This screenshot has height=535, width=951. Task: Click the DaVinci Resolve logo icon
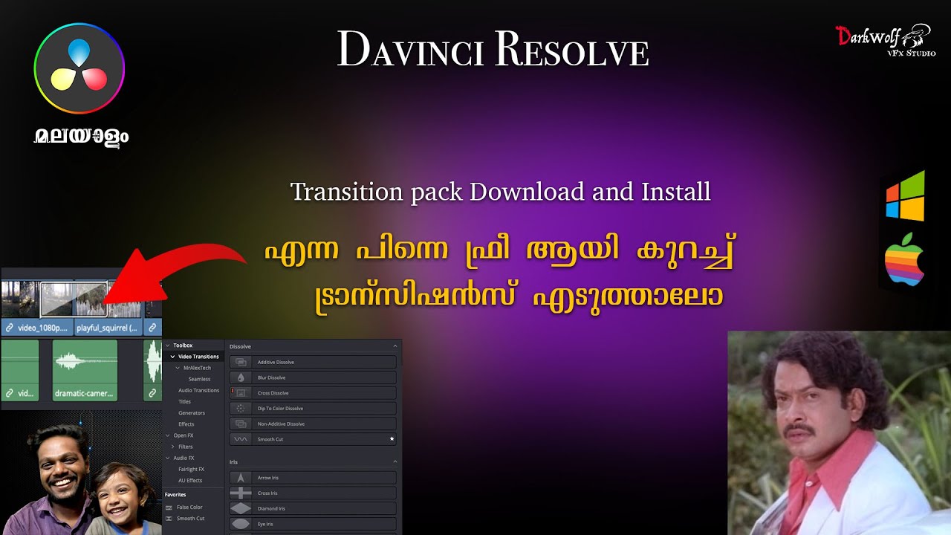[x=79, y=68]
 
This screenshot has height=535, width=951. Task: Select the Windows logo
[x=905, y=196]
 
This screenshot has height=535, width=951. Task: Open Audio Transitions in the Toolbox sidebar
[x=198, y=390]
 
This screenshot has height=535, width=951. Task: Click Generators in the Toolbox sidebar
[x=192, y=412]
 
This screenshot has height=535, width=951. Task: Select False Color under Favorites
[x=189, y=507]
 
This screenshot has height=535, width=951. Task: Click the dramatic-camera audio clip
[x=85, y=370]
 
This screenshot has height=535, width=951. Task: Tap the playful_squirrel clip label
[x=107, y=327]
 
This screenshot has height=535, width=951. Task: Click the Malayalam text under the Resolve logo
[x=81, y=137]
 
